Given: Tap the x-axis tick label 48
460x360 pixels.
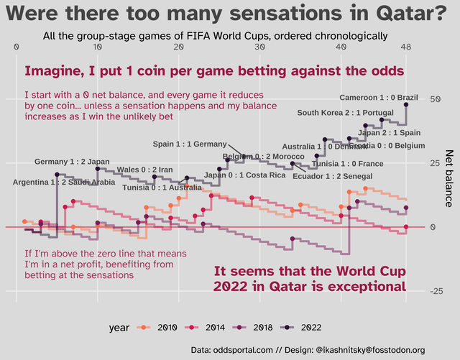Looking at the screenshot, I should click(407, 47).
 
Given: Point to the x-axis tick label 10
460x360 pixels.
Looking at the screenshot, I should click(97, 47).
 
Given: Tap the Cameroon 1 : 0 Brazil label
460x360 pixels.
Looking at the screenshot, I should click(378, 98).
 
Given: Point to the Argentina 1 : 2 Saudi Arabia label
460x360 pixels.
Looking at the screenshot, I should click(64, 182).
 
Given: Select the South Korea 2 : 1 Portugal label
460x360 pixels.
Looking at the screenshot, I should click(345, 113).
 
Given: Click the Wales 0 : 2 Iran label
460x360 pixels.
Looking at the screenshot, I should click(144, 170).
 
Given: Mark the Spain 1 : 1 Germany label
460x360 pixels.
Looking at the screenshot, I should click(190, 144).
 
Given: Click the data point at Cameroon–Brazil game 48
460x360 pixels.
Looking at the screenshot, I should click(407, 105).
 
